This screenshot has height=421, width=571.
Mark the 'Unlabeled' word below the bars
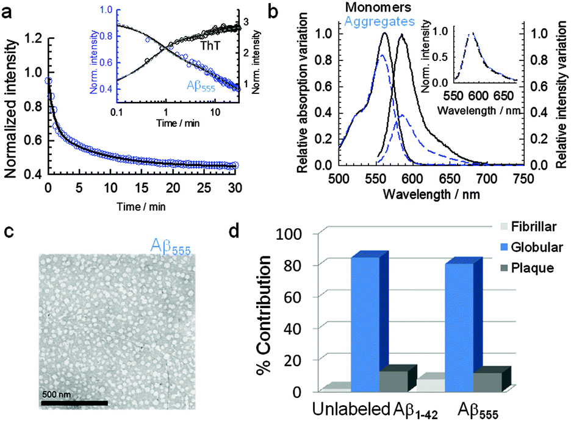(350, 409)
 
